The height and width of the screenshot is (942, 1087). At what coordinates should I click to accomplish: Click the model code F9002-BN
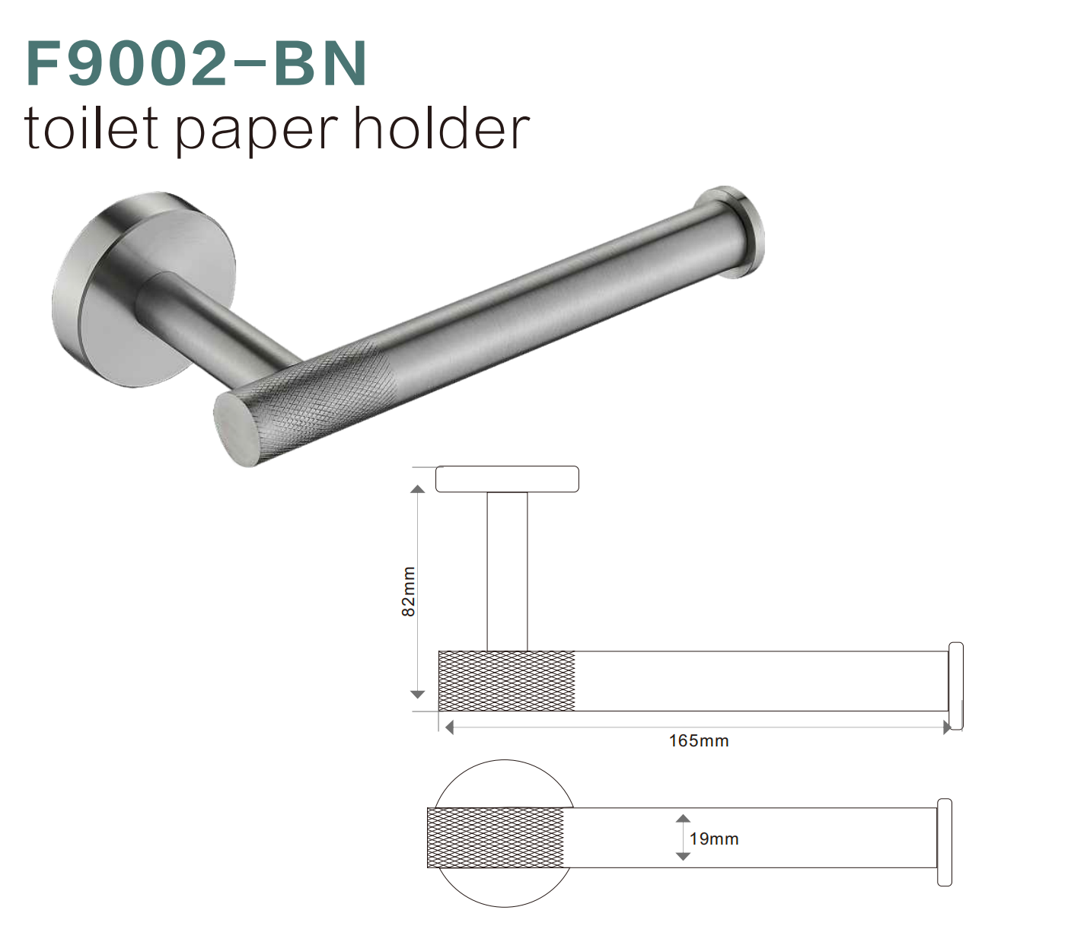196,64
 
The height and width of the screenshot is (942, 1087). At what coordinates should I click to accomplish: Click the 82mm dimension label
409,591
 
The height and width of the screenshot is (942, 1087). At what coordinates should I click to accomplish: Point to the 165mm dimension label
699,741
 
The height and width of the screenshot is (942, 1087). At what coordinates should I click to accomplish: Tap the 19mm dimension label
714,839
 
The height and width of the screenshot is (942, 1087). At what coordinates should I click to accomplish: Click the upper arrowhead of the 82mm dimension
417,489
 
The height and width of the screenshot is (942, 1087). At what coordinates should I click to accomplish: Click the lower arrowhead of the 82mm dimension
417,694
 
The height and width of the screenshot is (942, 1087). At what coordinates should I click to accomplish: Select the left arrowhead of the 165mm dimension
449,727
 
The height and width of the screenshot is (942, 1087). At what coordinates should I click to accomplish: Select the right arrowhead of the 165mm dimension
946,727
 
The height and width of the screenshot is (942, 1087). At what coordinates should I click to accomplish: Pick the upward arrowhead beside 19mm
683,819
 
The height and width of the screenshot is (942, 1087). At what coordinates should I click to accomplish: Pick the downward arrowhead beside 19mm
683,856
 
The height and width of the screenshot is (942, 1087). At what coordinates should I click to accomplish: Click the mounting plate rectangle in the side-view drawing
507,479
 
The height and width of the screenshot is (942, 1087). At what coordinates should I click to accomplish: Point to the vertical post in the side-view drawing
507,571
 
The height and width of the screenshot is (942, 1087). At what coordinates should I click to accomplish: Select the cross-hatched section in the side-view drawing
507,681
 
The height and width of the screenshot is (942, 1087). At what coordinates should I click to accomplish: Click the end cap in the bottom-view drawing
945,842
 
